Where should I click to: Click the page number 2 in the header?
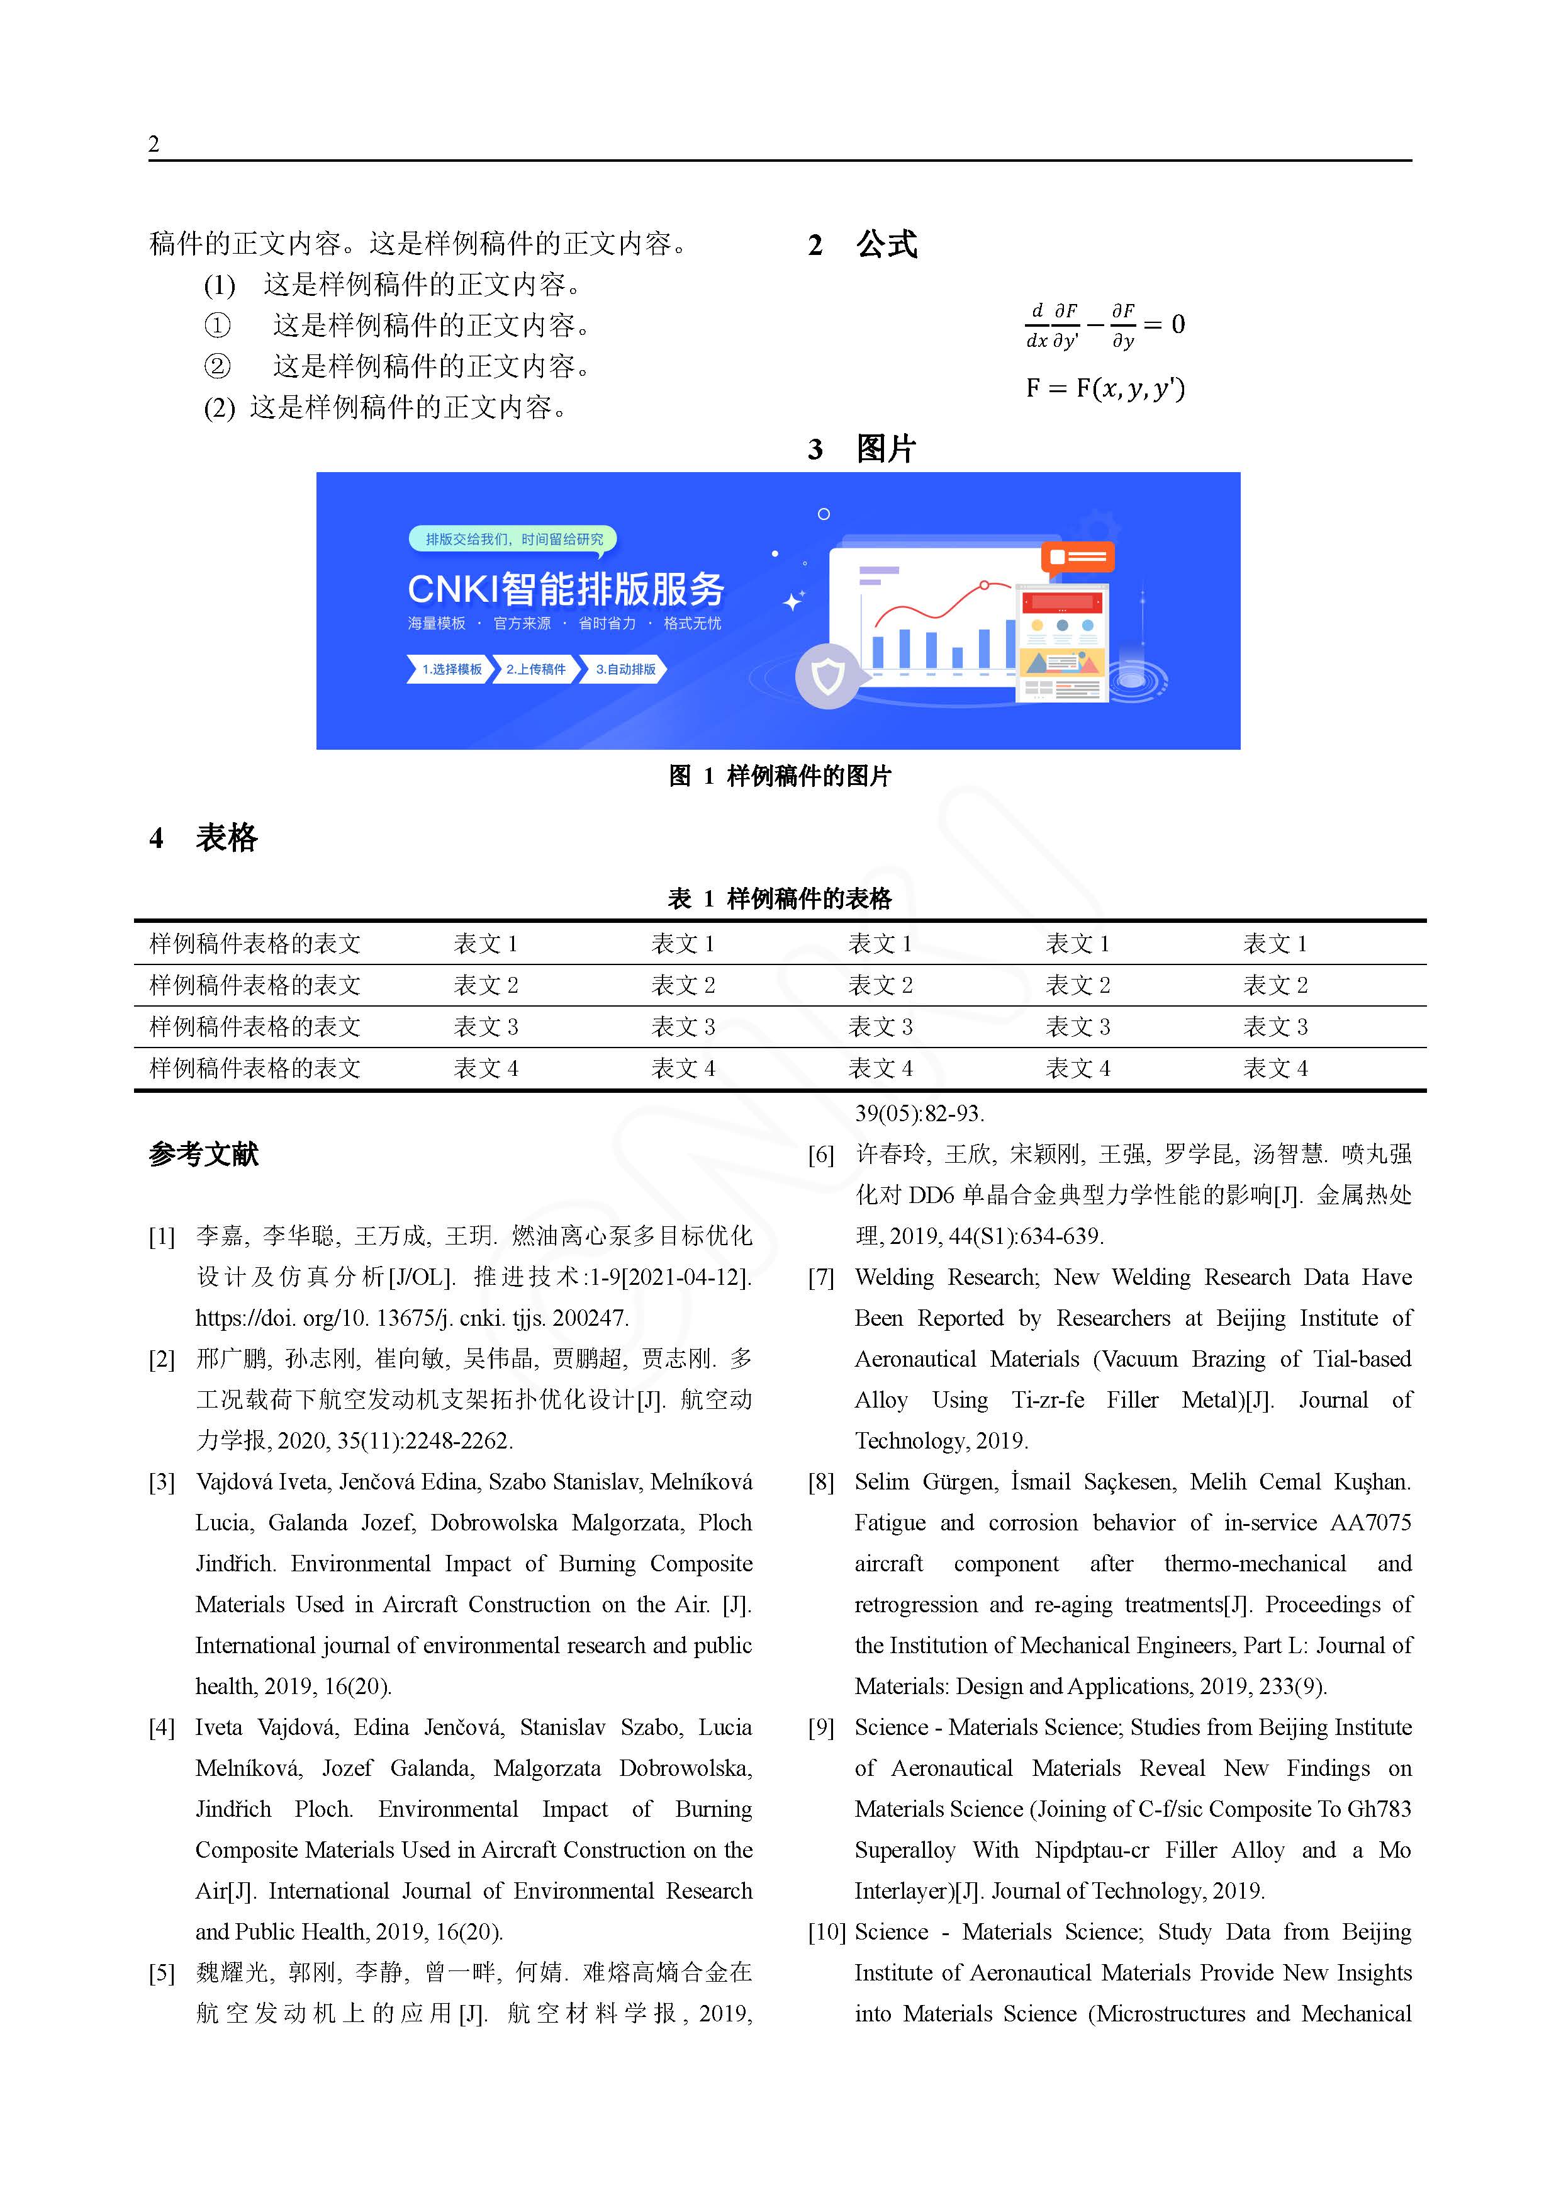coord(154,144)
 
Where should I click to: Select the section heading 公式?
coord(886,244)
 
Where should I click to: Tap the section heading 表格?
coord(227,838)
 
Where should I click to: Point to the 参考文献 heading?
coord(204,1153)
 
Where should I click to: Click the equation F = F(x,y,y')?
coord(1105,388)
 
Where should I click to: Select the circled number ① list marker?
coord(217,326)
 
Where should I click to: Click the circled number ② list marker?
coord(217,366)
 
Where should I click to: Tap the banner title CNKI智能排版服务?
coord(566,589)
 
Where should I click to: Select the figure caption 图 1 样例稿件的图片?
coord(780,776)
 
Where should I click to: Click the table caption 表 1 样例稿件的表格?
coord(780,898)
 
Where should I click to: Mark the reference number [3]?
coord(162,1483)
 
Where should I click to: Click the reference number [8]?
coord(820,1483)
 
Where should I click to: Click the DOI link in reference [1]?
coord(411,1318)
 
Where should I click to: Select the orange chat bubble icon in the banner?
coord(1077,557)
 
